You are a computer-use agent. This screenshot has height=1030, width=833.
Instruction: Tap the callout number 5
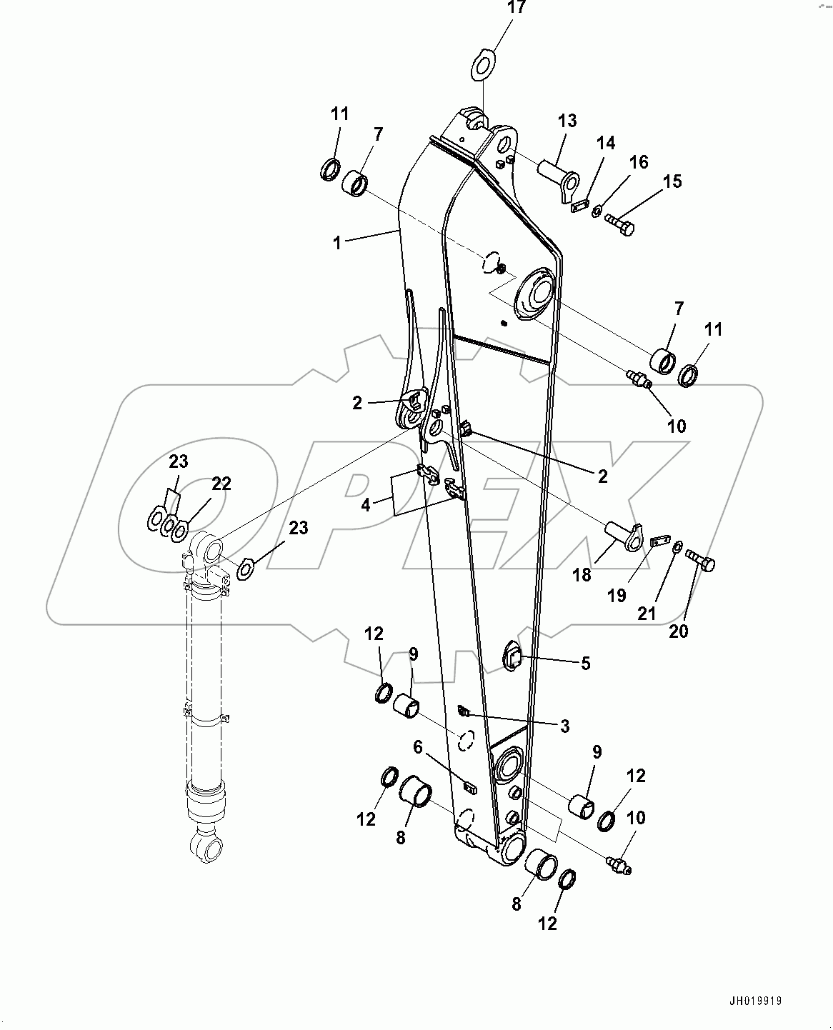tap(585, 664)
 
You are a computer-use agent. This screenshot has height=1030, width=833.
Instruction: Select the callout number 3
tap(564, 726)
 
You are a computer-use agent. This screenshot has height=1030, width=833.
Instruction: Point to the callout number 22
tap(221, 484)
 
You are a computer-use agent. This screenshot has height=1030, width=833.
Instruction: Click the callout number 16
tap(638, 162)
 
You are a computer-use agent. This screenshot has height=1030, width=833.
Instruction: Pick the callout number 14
tap(605, 144)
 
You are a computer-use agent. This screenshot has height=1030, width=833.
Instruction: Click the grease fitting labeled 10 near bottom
tap(619, 865)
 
